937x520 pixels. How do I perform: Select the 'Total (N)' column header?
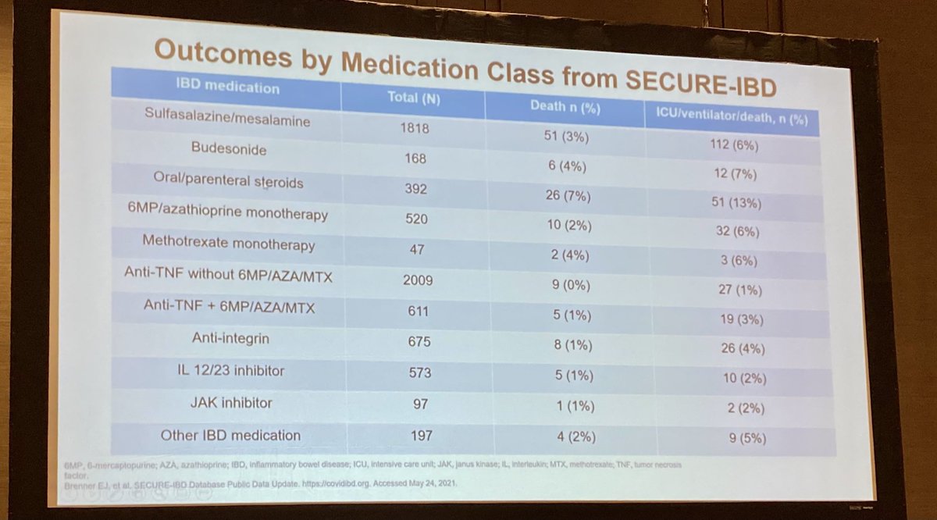[414, 98]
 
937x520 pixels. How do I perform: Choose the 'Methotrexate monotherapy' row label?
[229, 243]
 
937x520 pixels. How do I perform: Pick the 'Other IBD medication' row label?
[230, 435]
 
